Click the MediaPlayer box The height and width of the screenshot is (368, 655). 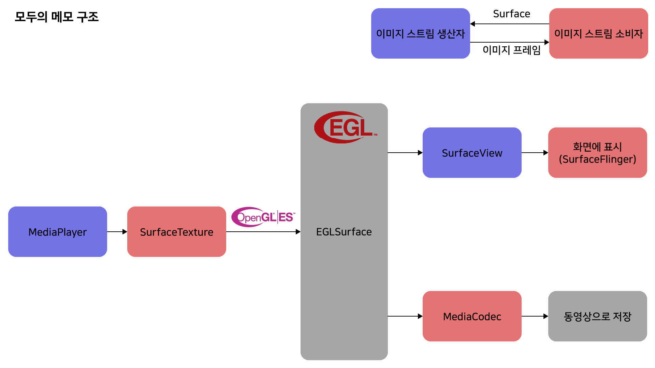point(58,232)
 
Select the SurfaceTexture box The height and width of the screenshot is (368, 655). point(176,232)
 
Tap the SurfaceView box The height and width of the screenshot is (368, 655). point(472,153)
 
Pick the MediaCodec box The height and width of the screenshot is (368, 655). point(472,316)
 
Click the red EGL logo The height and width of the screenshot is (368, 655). point(345,127)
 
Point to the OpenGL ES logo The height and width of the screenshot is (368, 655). point(263,217)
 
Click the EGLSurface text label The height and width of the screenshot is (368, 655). point(344,232)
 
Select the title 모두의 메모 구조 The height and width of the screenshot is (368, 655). point(57,17)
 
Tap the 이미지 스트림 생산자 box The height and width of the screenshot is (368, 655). point(420,33)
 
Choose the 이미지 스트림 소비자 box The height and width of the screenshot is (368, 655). point(598,33)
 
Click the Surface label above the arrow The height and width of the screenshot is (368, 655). point(511,14)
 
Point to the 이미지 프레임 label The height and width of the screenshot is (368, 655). point(511,50)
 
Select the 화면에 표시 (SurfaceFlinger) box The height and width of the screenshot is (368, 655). point(597,153)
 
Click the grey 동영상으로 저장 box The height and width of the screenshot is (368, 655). point(597,316)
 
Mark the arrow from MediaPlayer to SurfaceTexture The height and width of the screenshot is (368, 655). point(117,232)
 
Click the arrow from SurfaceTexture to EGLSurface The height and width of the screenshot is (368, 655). point(263,232)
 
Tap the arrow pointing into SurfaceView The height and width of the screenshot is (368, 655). point(405,153)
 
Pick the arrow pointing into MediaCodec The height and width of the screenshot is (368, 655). point(405,316)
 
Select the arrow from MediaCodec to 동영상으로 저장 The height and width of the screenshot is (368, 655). point(535,316)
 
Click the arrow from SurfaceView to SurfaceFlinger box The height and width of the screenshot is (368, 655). point(535,153)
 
